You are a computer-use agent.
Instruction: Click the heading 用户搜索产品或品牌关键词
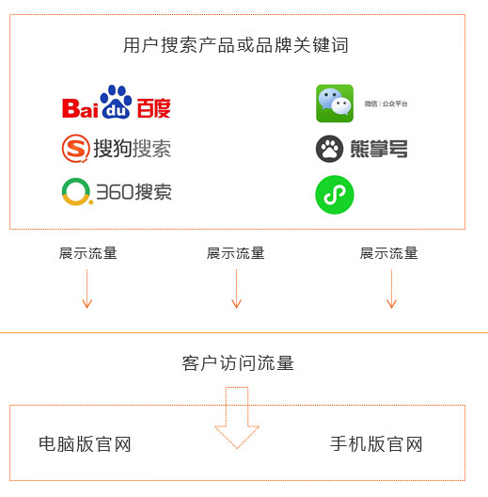[x=236, y=45]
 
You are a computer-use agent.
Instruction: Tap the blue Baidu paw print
[x=116, y=102]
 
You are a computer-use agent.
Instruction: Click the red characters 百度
[x=154, y=108]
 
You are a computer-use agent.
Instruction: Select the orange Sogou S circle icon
[x=75, y=149]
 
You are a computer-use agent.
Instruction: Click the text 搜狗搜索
[x=132, y=149]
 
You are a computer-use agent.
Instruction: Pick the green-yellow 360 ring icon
[x=77, y=191]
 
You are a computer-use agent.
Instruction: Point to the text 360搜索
[x=134, y=192]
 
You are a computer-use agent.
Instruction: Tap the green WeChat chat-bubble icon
[x=335, y=104]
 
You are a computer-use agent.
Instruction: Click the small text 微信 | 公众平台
[x=386, y=104]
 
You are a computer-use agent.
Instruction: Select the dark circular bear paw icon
[x=329, y=149]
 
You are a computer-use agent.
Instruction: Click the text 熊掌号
[x=379, y=149]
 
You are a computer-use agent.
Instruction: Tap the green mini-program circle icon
[x=335, y=195]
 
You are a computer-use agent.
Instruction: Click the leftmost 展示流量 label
[x=88, y=253]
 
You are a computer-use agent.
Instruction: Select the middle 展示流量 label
[x=236, y=253]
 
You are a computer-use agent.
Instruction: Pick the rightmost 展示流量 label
[x=389, y=253]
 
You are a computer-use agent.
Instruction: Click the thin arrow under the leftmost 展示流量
[x=87, y=288]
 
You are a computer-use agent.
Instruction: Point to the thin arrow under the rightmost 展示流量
[x=392, y=288]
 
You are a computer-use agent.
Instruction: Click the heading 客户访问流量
[x=238, y=363]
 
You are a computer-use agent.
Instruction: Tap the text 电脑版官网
[x=85, y=444]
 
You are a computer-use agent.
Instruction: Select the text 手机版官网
[x=376, y=444]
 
